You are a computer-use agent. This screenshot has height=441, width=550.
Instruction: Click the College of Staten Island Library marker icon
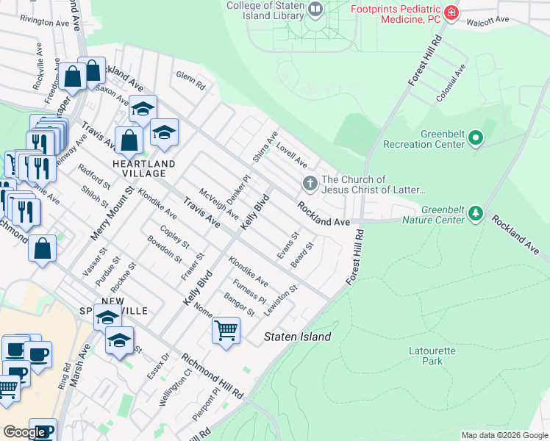point(316,10)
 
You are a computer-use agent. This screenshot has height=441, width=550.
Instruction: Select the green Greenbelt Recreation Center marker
point(476,137)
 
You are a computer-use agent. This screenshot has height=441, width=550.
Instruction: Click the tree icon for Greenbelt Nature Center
point(476,213)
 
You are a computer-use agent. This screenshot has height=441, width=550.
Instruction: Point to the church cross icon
point(310,184)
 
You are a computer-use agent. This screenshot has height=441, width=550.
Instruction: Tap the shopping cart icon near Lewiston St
point(226,330)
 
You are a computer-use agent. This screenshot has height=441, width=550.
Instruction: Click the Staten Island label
point(297,337)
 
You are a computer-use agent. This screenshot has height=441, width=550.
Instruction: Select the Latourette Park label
point(432,356)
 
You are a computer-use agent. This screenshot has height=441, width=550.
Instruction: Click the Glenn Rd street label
point(185,76)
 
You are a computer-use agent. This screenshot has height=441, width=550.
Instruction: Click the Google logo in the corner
point(24,432)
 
